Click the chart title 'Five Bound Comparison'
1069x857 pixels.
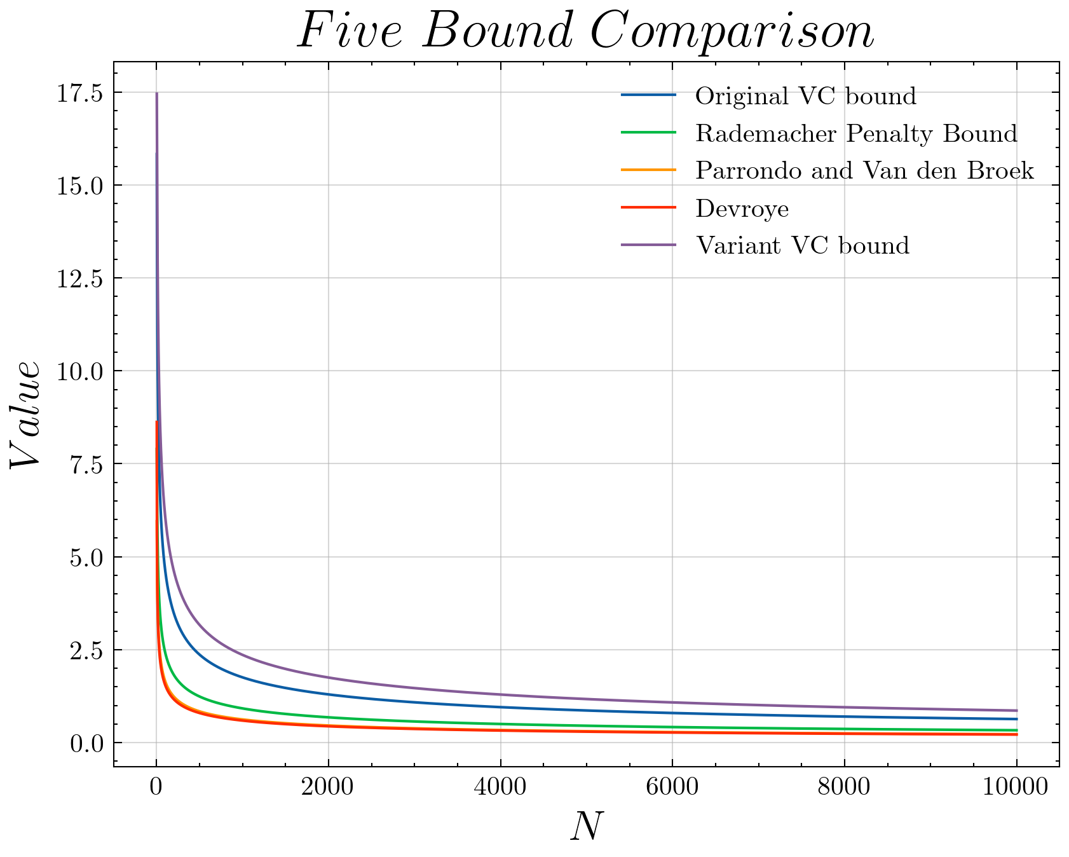click(x=586, y=32)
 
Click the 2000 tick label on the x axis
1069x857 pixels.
click(x=328, y=788)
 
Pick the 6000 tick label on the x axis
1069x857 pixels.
click(x=672, y=788)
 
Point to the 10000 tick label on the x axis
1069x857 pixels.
click(x=1016, y=788)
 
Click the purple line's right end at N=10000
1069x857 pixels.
click(x=1017, y=711)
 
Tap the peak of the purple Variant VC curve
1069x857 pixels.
click(x=157, y=93)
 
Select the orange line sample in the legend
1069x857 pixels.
click(x=648, y=170)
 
